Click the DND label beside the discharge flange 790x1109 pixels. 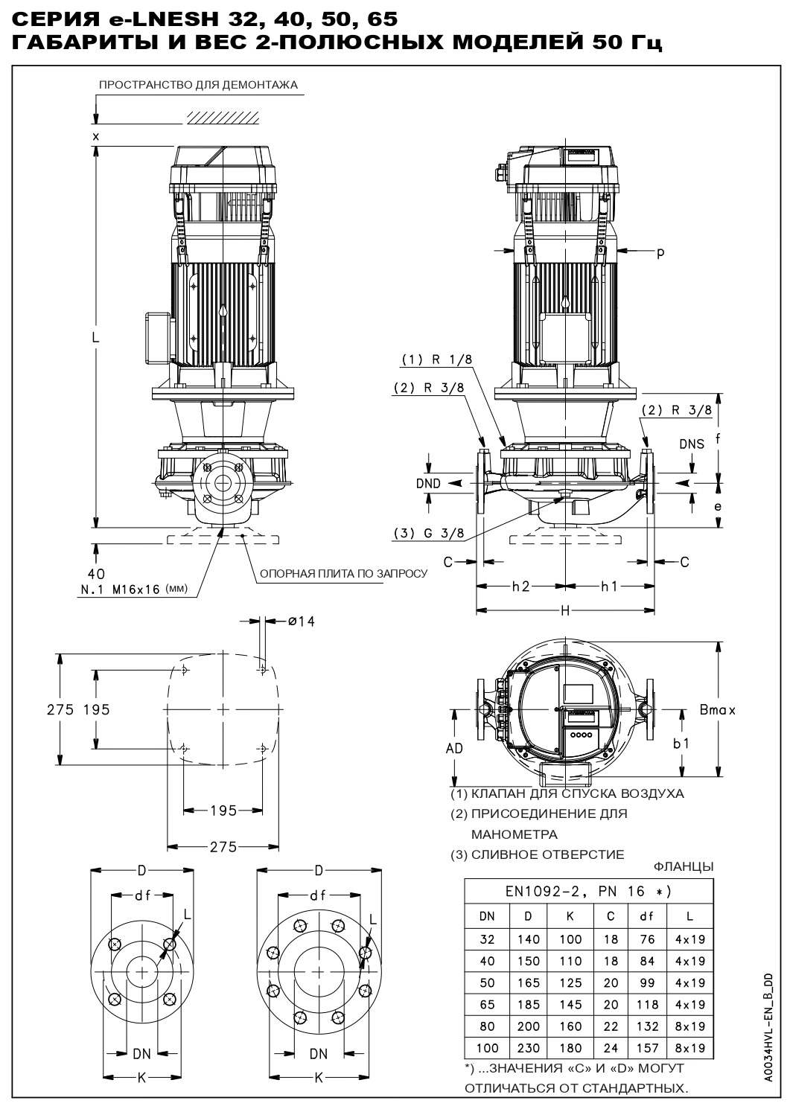[x=428, y=483]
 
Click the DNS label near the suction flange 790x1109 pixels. [x=692, y=444]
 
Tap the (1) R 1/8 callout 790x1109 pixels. [x=437, y=359]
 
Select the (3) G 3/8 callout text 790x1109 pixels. [x=430, y=533]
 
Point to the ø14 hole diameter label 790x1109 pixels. [x=301, y=621]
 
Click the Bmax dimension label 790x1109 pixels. [x=717, y=710]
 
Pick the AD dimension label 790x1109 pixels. [x=454, y=748]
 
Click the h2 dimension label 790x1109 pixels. [x=520, y=587]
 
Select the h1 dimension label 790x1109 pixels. [x=609, y=587]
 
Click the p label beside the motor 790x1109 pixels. [x=660, y=252]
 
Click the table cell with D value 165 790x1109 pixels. [x=529, y=983]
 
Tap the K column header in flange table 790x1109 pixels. [x=570, y=917]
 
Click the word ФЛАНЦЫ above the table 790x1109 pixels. [x=683, y=866]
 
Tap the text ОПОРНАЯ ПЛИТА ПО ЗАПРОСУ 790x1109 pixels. [x=343, y=574]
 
